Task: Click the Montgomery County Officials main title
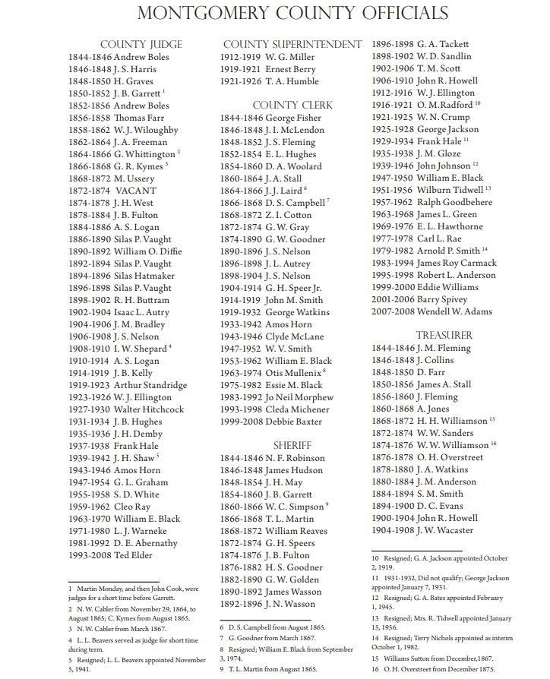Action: coord(292,14)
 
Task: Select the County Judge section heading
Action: coord(141,45)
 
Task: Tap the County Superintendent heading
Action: coord(292,44)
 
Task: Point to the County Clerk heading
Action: coord(292,105)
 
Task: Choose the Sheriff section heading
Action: coord(292,445)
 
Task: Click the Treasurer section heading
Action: coord(444,335)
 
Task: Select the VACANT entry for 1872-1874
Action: coord(112,191)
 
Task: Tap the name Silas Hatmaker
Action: coord(144,276)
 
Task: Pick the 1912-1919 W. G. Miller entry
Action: coord(267,57)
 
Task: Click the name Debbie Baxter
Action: coord(293,422)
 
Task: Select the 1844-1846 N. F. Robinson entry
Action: coord(272,458)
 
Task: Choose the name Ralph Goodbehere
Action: coord(454,202)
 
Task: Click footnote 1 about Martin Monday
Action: coord(133,593)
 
